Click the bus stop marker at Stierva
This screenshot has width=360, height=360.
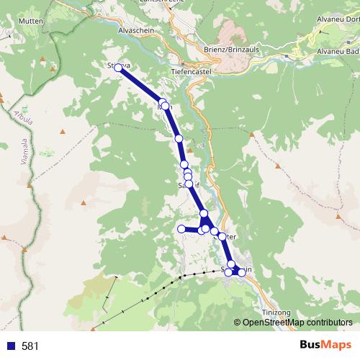[x=119, y=68]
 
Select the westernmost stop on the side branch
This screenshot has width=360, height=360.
[x=181, y=229]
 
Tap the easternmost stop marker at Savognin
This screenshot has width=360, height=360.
[x=242, y=272]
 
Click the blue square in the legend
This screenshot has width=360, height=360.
[x=10, y=346]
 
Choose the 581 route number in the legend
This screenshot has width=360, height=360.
[x=30, y=346]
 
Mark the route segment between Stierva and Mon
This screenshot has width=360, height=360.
[x=141, y=85]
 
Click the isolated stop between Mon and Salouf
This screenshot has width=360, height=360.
[x=179, y=138]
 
